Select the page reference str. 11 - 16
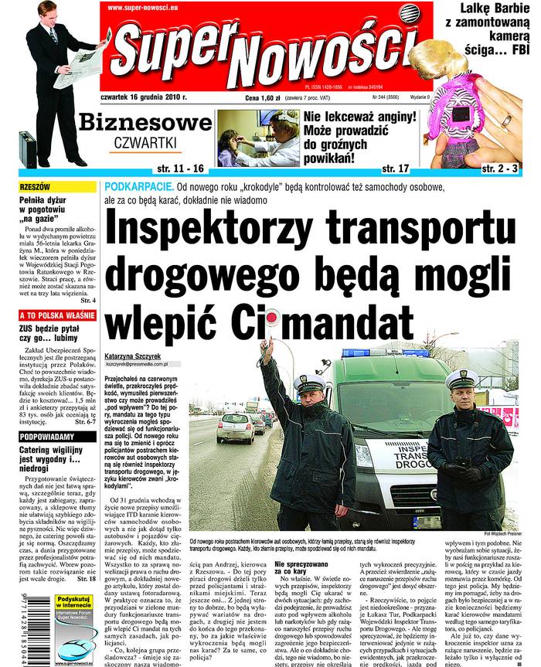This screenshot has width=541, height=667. (x=180, y=168)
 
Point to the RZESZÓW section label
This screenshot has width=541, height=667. (x=36, y=188)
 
